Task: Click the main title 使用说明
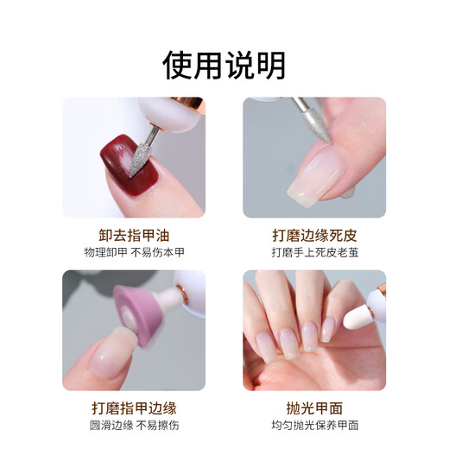(x=224, y=64)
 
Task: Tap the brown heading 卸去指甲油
(x=133, y=235)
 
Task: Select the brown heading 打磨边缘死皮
(x=313, y=235)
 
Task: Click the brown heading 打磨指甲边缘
(x=133, y=407)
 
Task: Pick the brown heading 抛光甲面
(x=313, y=407)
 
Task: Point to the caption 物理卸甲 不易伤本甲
(x=133, y=252)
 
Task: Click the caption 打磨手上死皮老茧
(x=313, y=252)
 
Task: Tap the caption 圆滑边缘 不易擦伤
(x=133, y=425)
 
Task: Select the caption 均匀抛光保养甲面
(x=313, y=425)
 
